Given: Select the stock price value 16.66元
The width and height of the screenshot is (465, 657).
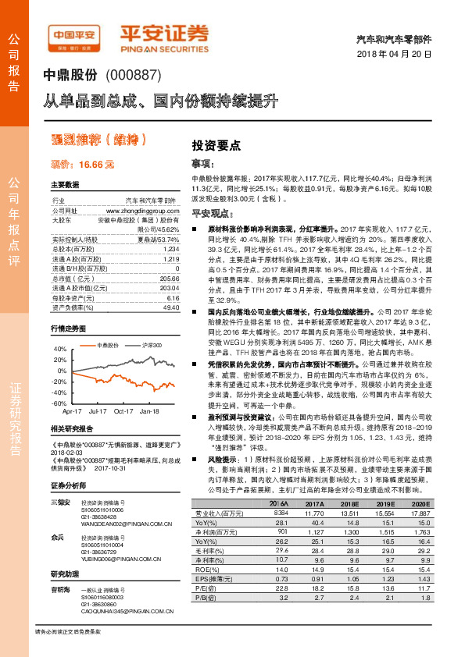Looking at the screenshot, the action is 96,165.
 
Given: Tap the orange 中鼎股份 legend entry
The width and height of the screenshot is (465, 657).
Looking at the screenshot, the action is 106,344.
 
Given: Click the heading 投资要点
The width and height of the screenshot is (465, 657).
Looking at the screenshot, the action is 216,145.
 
